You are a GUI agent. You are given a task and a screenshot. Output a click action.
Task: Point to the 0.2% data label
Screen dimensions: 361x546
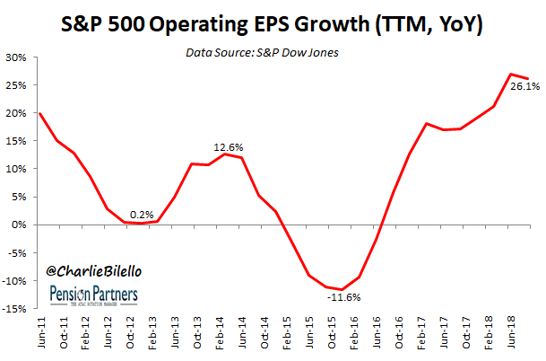(142, 214)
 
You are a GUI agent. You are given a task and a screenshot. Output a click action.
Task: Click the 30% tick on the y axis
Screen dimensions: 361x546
(16, 57)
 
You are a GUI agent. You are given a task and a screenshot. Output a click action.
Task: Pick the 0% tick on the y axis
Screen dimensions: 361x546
(19, 225)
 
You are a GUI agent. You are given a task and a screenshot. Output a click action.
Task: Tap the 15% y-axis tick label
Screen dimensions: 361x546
(16, 141)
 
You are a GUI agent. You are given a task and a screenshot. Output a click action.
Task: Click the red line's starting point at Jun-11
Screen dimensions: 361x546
(39, 113)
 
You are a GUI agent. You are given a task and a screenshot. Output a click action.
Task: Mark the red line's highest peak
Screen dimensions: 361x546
(510, 74)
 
